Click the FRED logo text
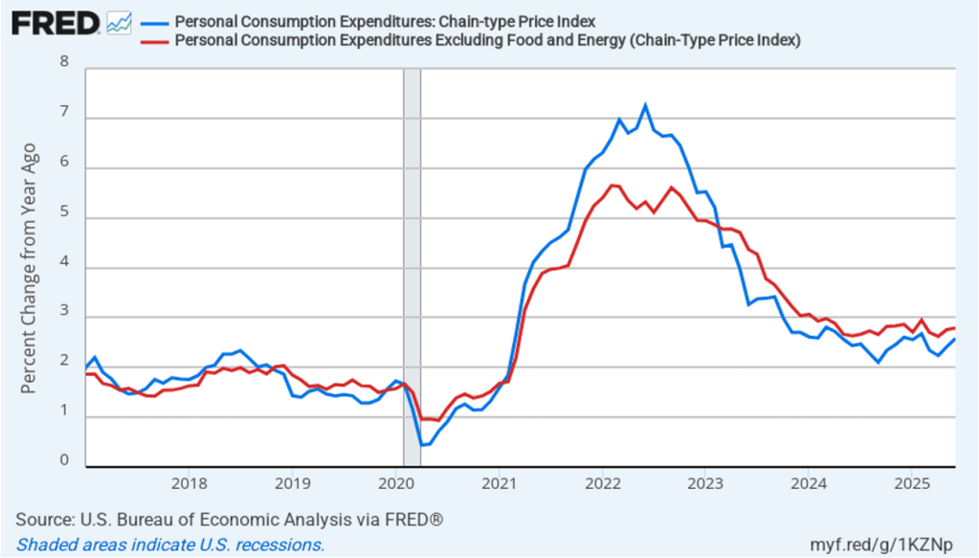point(56,22)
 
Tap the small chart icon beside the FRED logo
point(119,22)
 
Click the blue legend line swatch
point(154,22)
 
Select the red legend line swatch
point(154,40)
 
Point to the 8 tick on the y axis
point(65,62)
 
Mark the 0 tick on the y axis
point(65,460)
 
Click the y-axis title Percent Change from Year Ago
point(30,268)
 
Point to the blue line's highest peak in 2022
point(645,105)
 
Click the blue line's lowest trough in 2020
point(421,445)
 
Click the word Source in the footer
point(42,519)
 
